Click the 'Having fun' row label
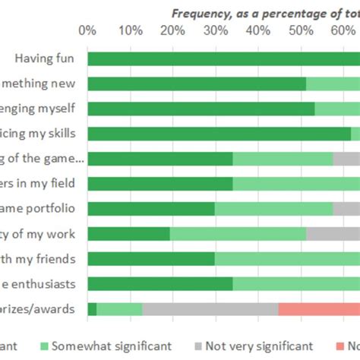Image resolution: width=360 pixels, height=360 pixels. [x=49, y=58]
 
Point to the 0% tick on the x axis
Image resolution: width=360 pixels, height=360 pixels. [x=87, y=31]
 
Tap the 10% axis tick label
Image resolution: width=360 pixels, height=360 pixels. [x=130, y=31]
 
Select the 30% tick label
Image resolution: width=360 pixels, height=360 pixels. [x=215, y=31]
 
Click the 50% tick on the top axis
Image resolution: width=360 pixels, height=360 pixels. [x=300, y=31]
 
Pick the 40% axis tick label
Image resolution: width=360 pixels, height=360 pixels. [x=257, y=31]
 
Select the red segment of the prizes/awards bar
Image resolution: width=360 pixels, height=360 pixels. [x=319, y=309]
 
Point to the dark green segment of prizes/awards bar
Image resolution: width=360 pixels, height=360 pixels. [x=92, y=309]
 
